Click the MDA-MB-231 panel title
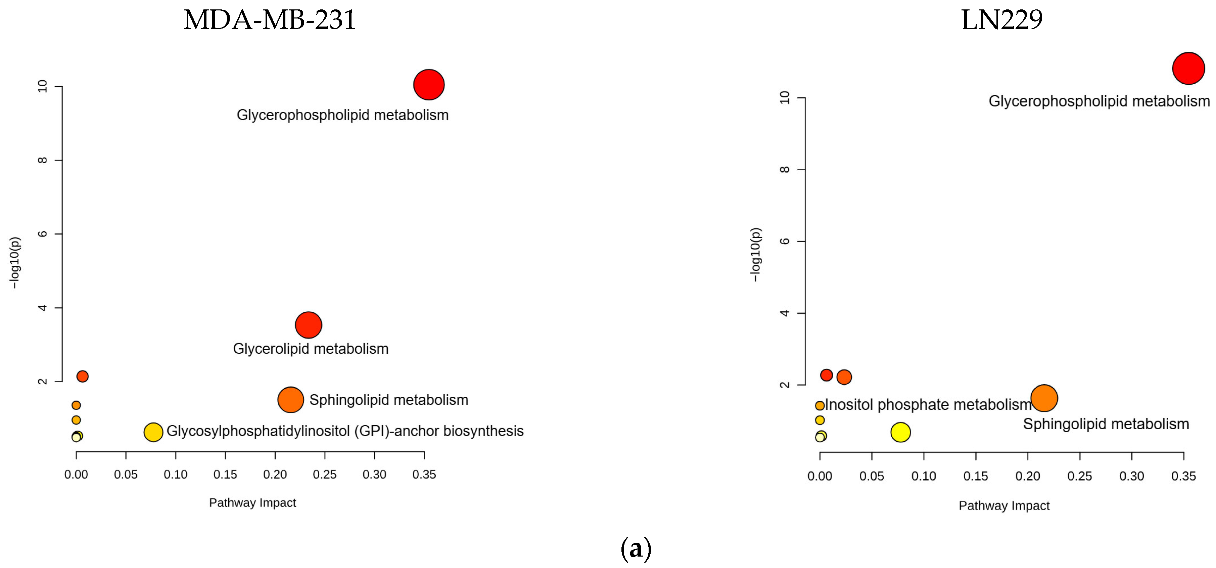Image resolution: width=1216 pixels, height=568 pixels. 269,20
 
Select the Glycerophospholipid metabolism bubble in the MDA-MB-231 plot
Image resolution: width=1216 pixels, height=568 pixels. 429,85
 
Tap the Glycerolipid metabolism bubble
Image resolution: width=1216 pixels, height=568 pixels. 308,325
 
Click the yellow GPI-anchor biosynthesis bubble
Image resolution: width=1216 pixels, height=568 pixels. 153,432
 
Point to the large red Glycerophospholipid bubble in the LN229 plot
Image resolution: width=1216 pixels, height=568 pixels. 1188,69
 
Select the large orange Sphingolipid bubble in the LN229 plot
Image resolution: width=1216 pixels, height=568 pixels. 1044,398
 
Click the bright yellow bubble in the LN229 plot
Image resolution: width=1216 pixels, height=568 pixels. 900,432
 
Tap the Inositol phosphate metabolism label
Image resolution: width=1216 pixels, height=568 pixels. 928,405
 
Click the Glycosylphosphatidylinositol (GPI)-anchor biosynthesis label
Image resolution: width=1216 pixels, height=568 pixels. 345,431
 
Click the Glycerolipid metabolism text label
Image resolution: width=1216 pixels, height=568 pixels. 311,349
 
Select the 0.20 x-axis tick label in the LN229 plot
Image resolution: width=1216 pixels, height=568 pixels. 1027,476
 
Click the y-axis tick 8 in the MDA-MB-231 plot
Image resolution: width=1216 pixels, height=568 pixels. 43,160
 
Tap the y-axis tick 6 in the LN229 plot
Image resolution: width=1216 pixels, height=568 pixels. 785,241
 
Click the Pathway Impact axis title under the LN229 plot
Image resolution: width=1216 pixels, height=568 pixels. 1003,506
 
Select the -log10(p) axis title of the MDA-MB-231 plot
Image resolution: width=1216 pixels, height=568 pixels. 15,263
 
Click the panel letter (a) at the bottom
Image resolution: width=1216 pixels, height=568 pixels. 636,549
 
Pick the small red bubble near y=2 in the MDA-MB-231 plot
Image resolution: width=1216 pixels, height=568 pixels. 82,376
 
